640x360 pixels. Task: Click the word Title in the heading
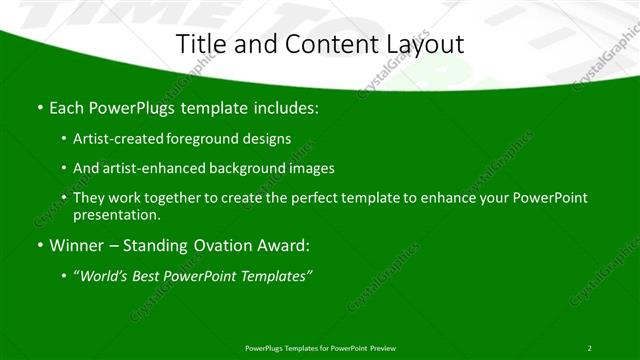(199, 44)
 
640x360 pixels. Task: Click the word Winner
(72, 245)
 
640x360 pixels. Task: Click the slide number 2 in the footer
(589, 347)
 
